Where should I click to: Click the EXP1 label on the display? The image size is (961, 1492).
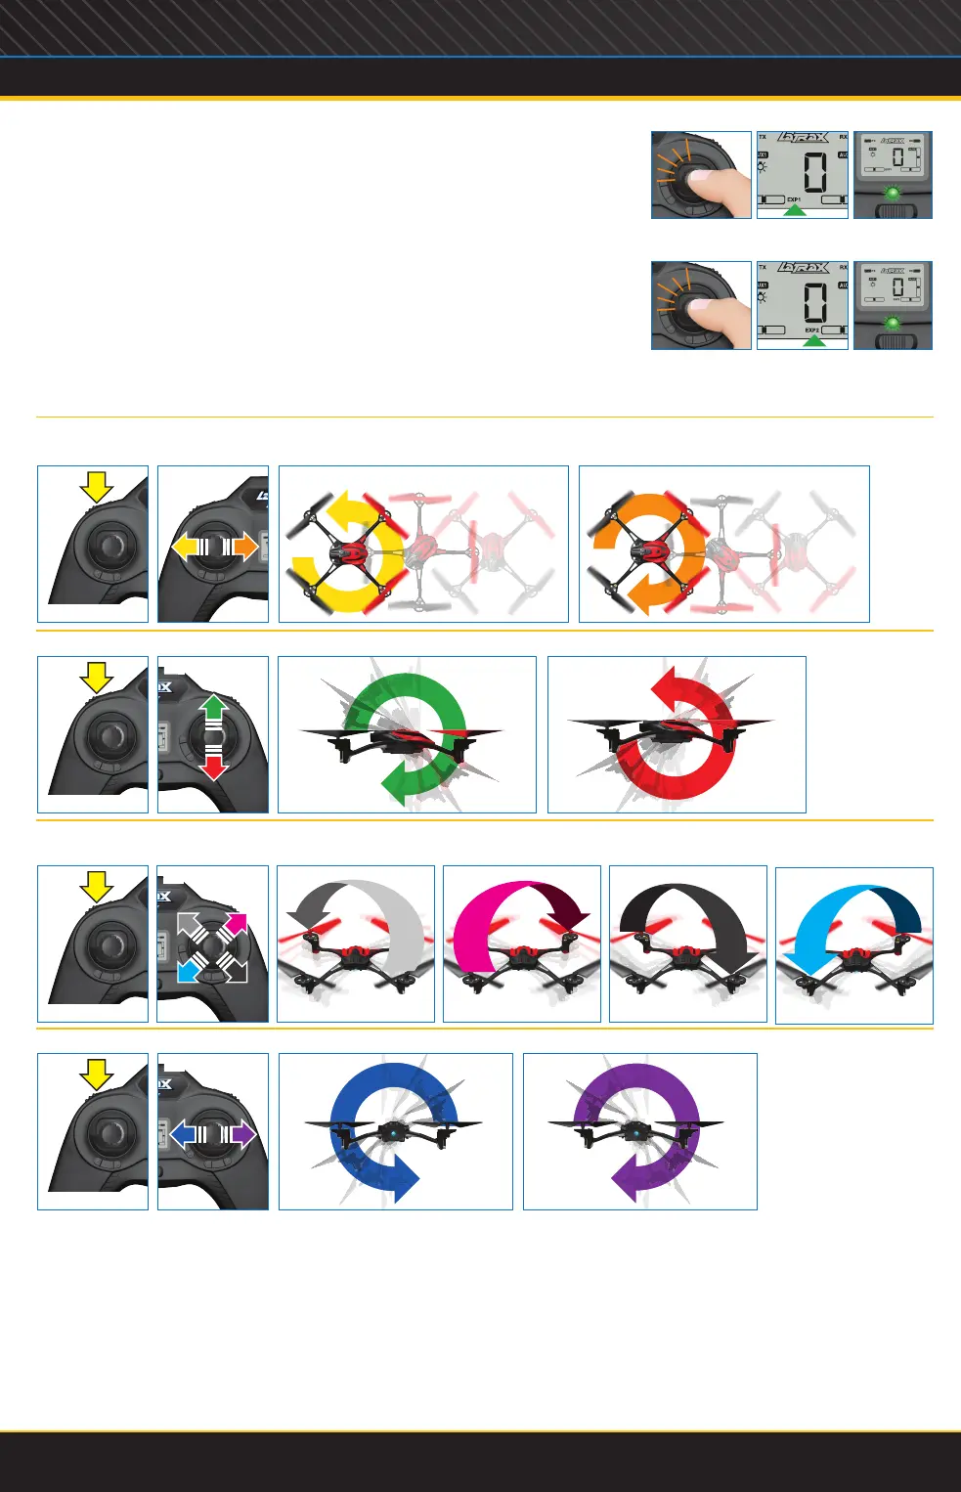794,199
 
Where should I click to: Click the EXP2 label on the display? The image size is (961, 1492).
811,330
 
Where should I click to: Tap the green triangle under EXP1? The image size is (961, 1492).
795,209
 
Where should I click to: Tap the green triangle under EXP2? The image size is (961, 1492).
813,341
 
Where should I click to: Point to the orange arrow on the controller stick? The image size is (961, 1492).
244,547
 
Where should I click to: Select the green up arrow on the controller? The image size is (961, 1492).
214,706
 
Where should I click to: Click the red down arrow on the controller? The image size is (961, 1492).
214,767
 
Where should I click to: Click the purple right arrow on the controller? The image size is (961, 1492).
242,1134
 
